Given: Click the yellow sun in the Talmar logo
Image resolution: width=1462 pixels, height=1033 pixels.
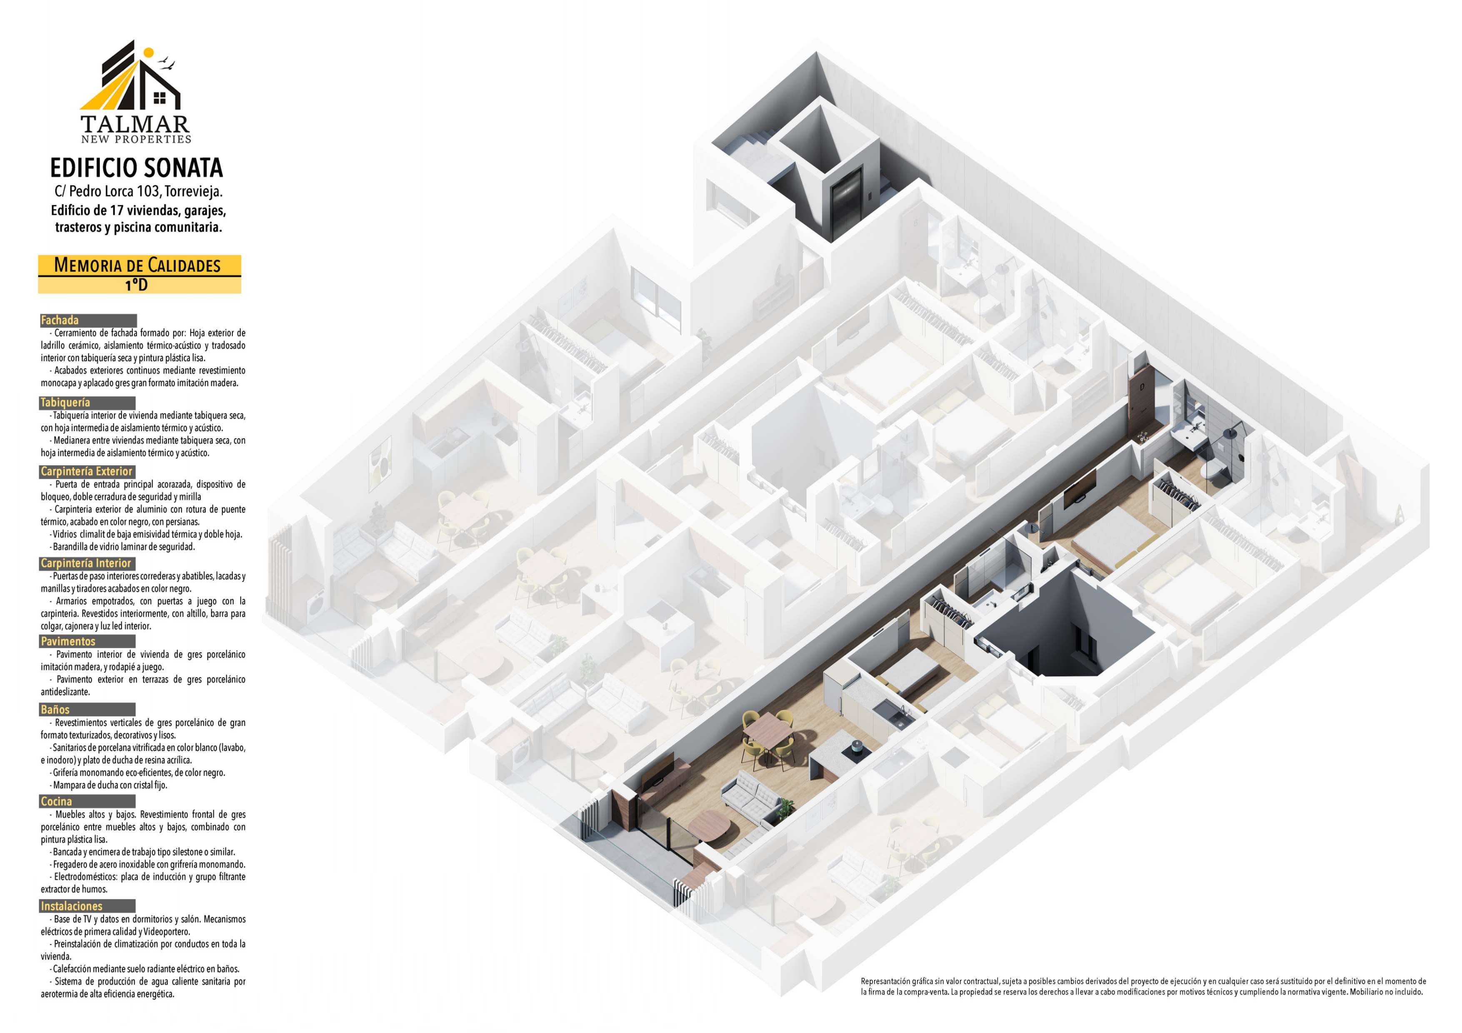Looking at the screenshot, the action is click(x=148, y=53).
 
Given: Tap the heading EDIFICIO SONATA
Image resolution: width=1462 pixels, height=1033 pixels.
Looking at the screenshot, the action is click(x=137, y=168).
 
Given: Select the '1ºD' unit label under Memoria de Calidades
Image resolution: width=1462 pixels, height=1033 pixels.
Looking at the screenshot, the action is click(x=136, y=285).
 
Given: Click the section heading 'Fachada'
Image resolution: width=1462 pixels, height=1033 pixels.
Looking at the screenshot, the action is click(x=60, y=320).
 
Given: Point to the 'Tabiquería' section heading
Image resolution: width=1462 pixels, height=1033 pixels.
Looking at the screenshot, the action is click(x=65, y=402).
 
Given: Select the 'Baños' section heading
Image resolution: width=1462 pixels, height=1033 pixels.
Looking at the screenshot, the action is click(x=55, y=709).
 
